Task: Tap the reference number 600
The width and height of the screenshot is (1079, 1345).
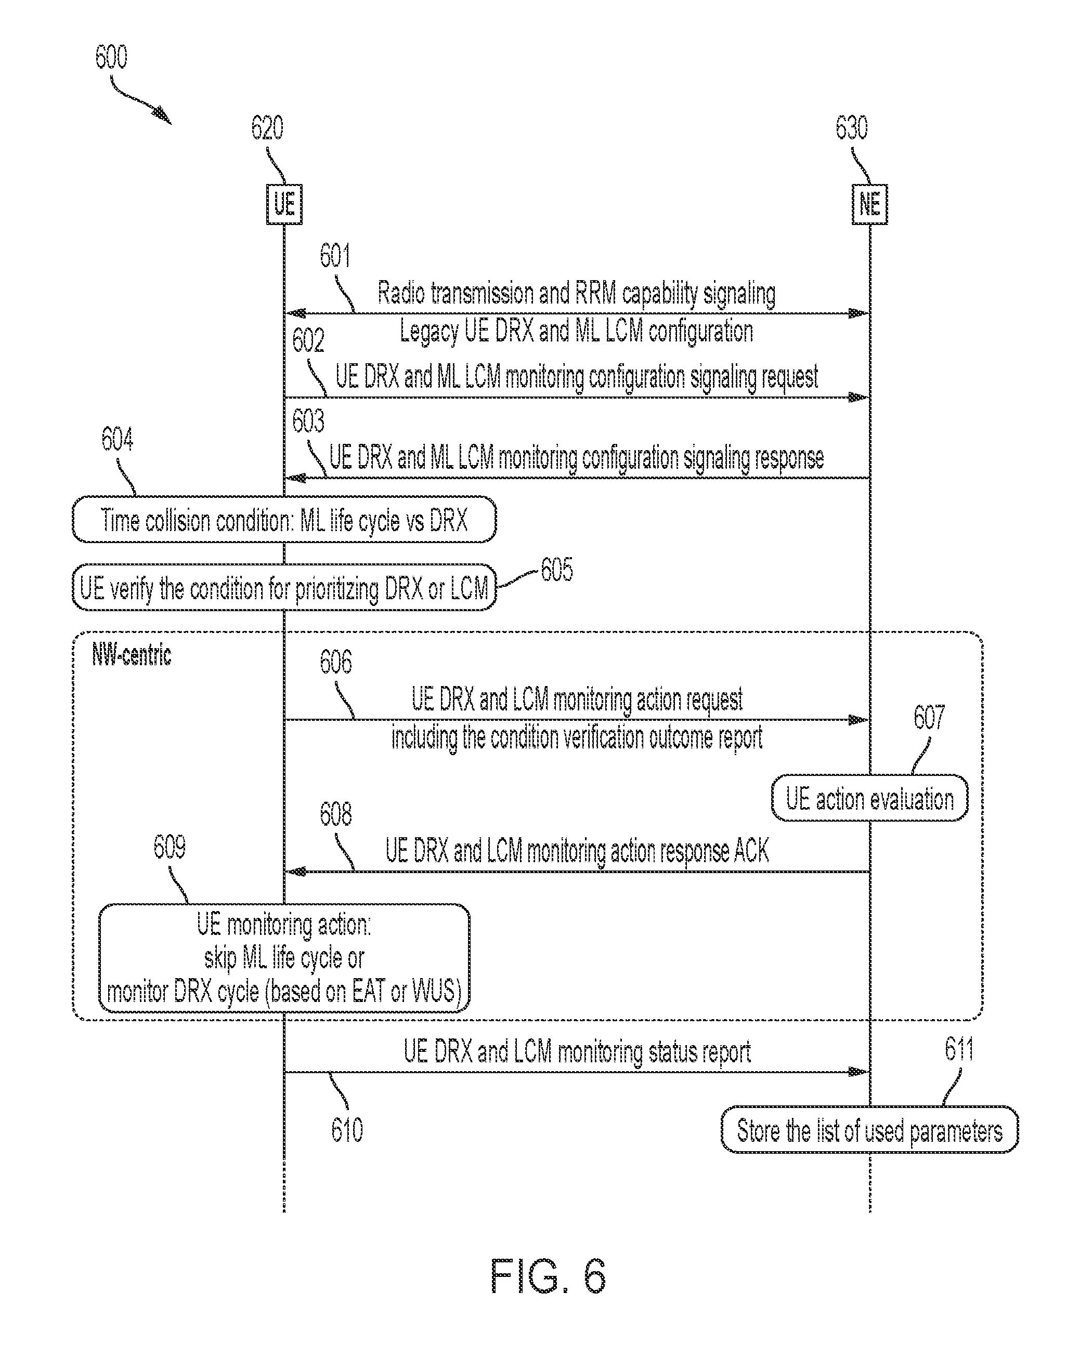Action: point(111,57)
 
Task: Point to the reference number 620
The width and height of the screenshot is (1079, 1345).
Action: point(267,128)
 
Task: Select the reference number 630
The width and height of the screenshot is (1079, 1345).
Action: point(852,128)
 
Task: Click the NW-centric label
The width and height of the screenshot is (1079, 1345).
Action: point(131,655)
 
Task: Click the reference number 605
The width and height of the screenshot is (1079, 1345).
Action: point(557,570)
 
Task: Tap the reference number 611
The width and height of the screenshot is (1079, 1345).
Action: point(959,1049)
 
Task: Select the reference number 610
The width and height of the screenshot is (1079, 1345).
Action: point(347,1130)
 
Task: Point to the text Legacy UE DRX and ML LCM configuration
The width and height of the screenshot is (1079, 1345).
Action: point(576,331)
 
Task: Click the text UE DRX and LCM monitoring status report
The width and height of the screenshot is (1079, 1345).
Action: point(577,1052)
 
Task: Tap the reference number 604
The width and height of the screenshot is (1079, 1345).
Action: point(118,439)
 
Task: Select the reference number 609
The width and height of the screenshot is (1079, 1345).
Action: point(169,847)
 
